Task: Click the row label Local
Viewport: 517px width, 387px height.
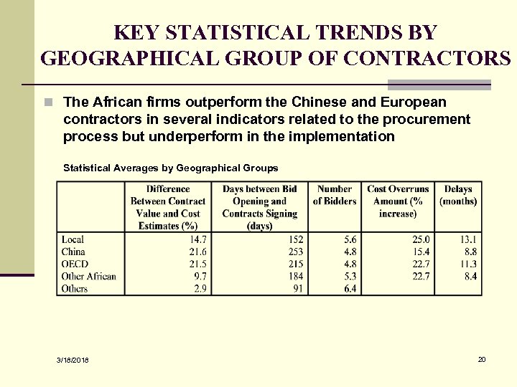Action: pos(73,239)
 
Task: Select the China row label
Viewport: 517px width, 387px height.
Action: pos(73,252)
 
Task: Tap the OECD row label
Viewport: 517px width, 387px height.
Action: pos(74,264)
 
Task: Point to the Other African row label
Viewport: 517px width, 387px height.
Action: pos(89,276)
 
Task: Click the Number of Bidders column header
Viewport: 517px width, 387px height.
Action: pos(335,195)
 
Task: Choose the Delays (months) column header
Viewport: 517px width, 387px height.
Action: pos(458,195)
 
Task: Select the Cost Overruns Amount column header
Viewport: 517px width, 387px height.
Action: pos(398,201)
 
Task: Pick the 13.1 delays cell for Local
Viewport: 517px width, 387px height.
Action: pos(468,239)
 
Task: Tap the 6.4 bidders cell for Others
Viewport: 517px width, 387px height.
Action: pos(350,288)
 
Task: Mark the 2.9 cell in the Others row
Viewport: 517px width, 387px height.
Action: pos(199,288)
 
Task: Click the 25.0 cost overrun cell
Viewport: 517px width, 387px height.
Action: pos(421,239)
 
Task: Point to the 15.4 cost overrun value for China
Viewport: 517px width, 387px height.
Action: pos(421,252)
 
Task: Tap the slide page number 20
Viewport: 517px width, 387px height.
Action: pos(482,358)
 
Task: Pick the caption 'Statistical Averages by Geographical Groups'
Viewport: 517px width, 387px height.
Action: pos(170,168)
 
